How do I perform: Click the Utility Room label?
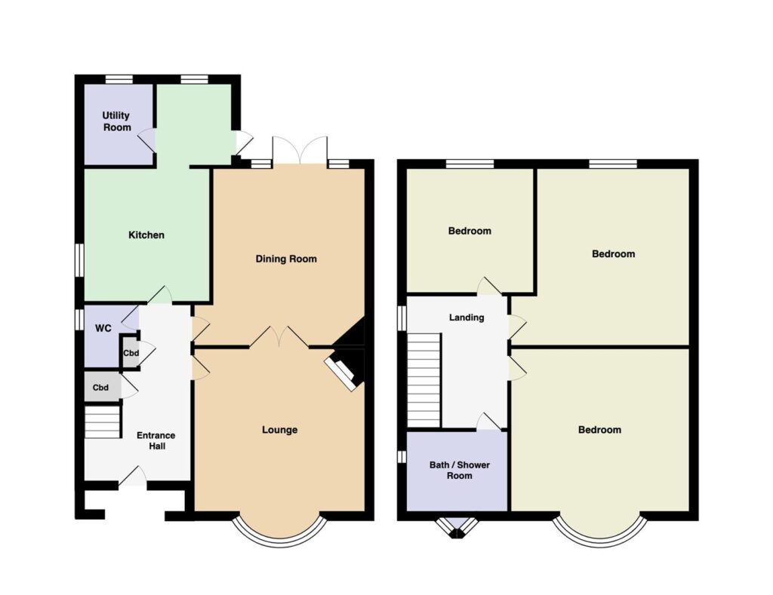point(117,121)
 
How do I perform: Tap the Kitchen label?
point(146,235)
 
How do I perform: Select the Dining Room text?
point(286,259)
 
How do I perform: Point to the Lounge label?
point(279,430)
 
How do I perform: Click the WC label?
point(103,328)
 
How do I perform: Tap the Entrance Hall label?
point(156,441)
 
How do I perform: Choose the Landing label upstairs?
point(467,317)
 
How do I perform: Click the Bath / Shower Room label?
point(460,471)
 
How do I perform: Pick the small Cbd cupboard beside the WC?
point(131,353)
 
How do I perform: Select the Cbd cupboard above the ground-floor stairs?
point(102,387)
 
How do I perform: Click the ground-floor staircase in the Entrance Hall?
point(103,422)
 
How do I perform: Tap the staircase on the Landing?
point(423,380)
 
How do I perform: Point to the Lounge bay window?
point(279,543)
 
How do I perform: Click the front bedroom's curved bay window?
point(600,543)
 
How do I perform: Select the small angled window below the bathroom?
point(457,528)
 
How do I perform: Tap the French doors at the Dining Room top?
point(300,149)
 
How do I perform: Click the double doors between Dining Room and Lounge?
point(279,336)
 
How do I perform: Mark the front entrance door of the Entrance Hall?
point(133,477)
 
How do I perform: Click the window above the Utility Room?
point(119,79)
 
